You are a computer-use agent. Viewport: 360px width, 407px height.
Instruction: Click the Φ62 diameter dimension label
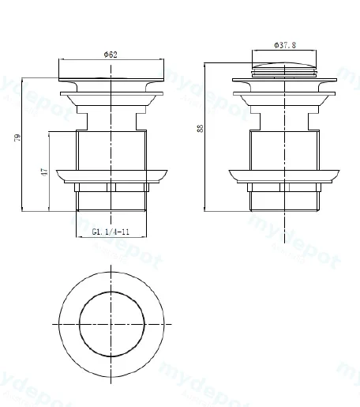[x=111, y=55]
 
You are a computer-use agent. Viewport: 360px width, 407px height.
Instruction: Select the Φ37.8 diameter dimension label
[x=285, y=45]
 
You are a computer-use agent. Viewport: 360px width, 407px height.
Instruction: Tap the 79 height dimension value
[x=17, y=138]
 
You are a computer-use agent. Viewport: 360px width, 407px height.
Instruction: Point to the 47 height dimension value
[x=44, y=171]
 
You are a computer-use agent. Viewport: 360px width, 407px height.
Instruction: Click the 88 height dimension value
[x=201, y=128]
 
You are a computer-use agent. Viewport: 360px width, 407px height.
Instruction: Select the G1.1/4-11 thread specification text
[x=111, y=232]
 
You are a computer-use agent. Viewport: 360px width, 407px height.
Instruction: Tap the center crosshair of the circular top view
[x=111, y=324]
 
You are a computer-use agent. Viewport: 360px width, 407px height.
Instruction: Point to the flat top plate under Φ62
[x=111, y=79]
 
